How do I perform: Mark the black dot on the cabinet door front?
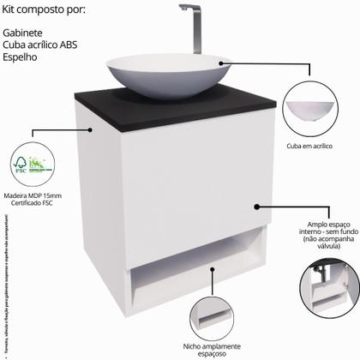[255, 206]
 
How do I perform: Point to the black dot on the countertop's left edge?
[92, 130]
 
